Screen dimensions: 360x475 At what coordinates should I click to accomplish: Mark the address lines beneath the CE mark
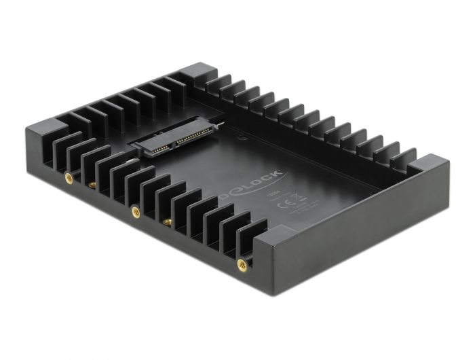(301, 210)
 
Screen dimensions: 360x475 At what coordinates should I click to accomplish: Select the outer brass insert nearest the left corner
(67, 177)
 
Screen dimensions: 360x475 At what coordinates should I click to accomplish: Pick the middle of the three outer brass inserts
(135, 210)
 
